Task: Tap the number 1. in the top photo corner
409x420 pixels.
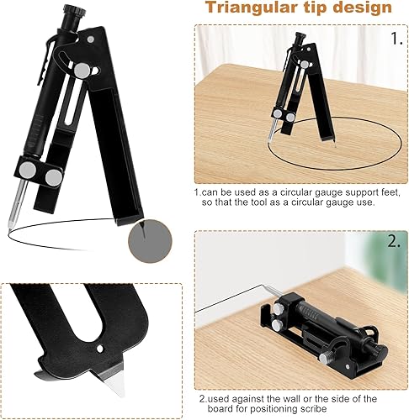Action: (x=396, y=39)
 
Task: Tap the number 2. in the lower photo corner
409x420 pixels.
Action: (x=394, y=241)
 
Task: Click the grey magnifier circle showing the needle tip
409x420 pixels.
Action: (x=150, y=241)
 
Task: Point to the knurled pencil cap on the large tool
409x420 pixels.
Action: (x=73, y=12)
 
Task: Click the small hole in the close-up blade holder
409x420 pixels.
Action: (x=99, y=349)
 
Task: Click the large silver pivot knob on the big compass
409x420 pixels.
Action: (x=82, y=71)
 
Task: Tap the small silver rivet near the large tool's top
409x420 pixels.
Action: (x=90, y=39)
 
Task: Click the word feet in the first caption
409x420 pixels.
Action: (x=389, y=192)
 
